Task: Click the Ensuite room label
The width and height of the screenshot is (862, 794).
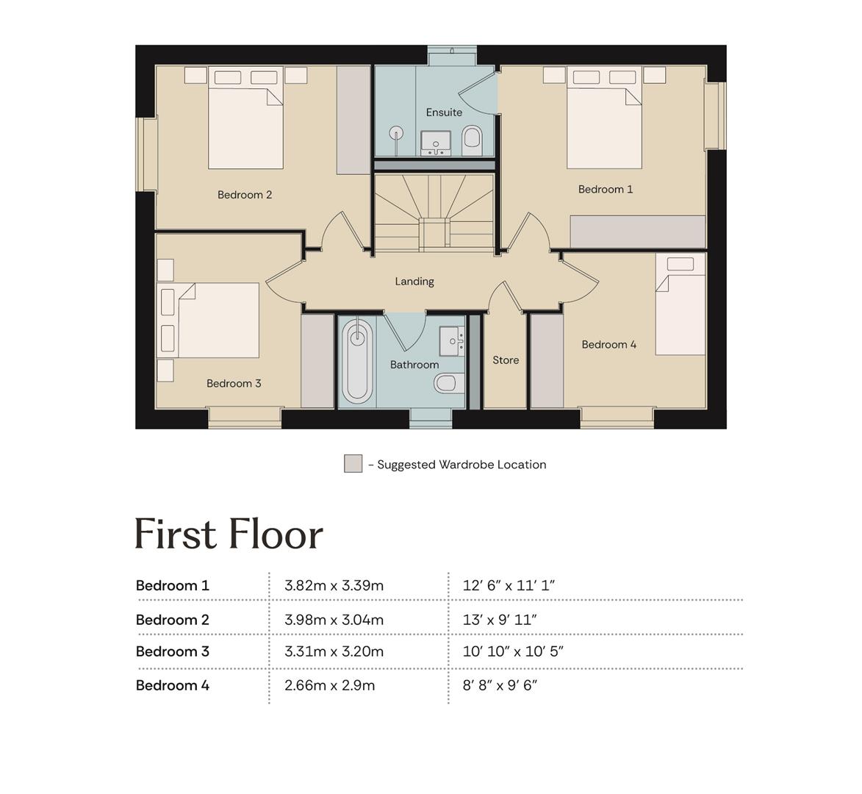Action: tap(444, 112)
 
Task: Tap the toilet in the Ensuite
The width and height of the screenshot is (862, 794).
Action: tap(472, 140)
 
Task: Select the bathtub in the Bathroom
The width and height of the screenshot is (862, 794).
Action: tap(357, 361)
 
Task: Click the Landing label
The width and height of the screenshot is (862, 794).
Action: tap(414, 282)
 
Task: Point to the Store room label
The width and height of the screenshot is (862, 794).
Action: tap(506, 360)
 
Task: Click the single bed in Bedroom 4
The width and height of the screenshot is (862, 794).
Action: tap(680, 304)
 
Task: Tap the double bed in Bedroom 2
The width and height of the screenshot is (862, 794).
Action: tap(245, 118)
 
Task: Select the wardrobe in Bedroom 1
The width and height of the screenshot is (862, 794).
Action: tap(638, 232)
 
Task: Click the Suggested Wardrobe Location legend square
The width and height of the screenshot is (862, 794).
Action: tap(353, 463)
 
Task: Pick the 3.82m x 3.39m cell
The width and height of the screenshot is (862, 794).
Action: tap(334, 586)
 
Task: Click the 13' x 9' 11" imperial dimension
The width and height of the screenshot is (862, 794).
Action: tap(500, 620)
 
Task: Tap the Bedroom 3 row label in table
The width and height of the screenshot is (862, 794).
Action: tap(173, 651)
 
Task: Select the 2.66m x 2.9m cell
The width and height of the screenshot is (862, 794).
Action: tap(329, 686)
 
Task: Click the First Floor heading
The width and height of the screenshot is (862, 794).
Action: tap(229, 534)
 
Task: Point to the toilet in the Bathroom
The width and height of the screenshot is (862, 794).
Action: tap(448, 383)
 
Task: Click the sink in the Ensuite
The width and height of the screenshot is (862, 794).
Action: tap(436, 143)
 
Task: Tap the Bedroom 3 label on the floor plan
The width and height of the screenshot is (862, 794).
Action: tap(234, 384)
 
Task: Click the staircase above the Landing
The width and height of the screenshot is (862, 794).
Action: tap(435, 212)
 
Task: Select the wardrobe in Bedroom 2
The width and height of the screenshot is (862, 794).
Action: tap(353, 121)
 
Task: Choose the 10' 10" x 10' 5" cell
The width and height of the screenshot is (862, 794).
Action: tap(513, 651)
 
